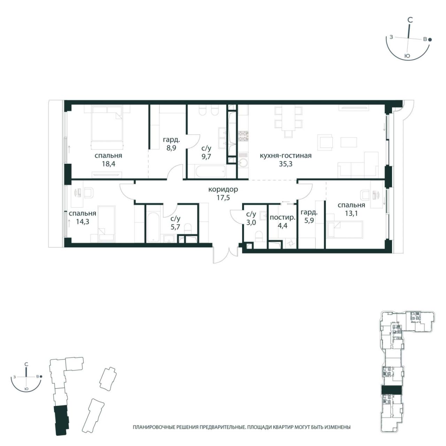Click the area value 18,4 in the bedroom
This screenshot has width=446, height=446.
pyautogui.click(x=109, y=164)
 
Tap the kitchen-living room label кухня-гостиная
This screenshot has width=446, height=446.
pyautogui.click(x=286, y=155)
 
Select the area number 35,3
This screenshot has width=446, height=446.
pyautogui.click(x=286, y=164)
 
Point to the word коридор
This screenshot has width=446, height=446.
pyautogui.click(x=223, y=190)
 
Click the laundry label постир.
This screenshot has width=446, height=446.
pyautogui.click(x=283, y=217)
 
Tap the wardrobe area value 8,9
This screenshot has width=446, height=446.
pyautogui.click(x=171, y=148)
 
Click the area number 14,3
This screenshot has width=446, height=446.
pyautogui.click(x=83, y=222)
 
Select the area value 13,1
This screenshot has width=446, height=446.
pyautogui.click(x=351, y=213)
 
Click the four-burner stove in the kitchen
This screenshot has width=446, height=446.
pyautogui.click(x=244, y=136)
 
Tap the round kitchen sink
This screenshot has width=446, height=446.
pyautogui.click(x=243, y=163)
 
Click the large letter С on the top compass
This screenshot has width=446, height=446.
pyautogui.click(x=410, y=20)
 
